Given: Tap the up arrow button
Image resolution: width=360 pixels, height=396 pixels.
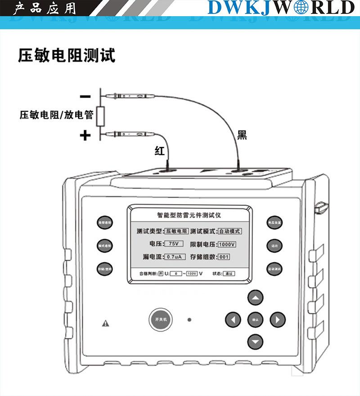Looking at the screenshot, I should (x=256, y=298).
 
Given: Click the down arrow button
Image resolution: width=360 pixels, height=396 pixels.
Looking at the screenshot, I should (x=256, y=342).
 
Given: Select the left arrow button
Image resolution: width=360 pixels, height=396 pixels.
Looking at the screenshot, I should (x=233, y=320).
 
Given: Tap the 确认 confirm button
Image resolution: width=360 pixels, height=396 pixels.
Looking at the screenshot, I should (x=256, y=320).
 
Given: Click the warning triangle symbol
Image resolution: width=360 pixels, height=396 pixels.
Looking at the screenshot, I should (x=106, y=323).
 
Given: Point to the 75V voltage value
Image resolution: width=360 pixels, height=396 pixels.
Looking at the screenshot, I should (x=173, y=244).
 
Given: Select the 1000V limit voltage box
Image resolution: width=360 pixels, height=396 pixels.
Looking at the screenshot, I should (x=227, y=244).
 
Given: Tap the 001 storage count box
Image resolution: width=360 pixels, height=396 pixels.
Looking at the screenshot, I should (x=224, y=257).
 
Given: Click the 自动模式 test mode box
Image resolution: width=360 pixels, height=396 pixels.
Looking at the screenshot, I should (x=229, y=231).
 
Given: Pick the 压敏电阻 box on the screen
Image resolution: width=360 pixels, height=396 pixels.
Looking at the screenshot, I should (x=176, y=231).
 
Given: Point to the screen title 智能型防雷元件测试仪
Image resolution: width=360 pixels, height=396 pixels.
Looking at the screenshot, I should (x=189, y=215).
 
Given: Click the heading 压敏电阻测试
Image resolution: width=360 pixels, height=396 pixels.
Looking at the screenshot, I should (x=66, y=55).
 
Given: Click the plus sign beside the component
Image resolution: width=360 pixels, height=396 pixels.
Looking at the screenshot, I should (x=85, y=135).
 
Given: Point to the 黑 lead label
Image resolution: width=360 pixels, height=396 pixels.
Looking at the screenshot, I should (x=242, y=135).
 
